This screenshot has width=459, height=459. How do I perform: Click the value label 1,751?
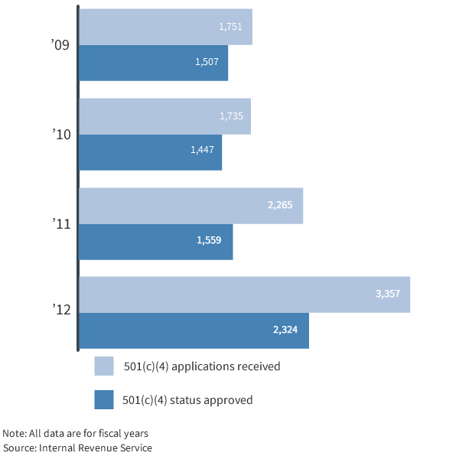230,27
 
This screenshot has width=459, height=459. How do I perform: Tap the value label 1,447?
203,150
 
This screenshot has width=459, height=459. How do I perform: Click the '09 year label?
60,46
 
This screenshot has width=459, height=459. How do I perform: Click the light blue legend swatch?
104,366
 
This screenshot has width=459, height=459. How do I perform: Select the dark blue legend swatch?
104,399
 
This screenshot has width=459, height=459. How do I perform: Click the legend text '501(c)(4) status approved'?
187,399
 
